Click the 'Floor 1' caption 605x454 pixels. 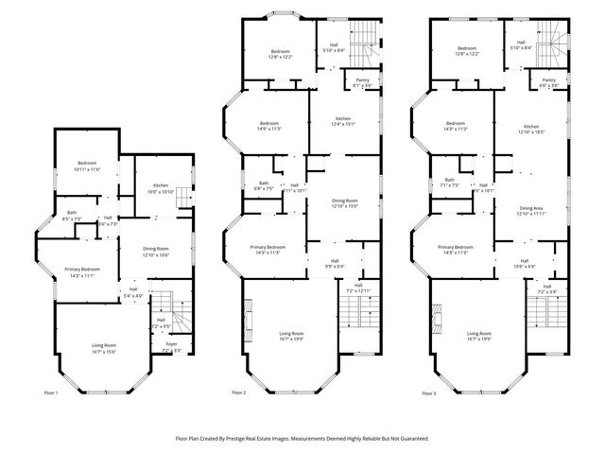(x=51, y=393)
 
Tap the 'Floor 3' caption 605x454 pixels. (x=428, y=393)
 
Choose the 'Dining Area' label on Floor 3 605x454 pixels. (x=531, y=210)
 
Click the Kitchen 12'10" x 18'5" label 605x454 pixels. (x=531, y=130)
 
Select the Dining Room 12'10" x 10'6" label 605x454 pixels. (x=156, y=253)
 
